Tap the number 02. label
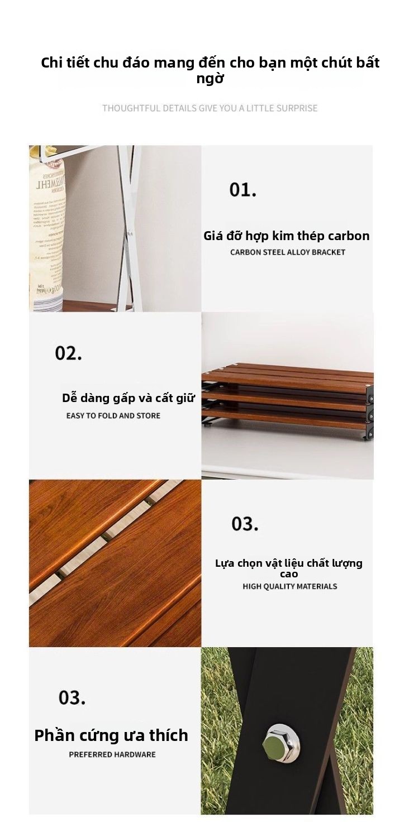tap(68, 353)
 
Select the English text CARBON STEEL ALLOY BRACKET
tap(288, 252)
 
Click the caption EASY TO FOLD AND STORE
tap(113, 415)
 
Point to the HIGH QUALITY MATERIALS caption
tap(290, 586)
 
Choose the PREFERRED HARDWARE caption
tap(112, 754)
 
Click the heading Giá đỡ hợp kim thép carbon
tap(287, 236)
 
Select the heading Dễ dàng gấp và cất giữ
tap(129, 398)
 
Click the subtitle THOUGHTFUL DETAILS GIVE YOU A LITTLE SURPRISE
tap(210, 108)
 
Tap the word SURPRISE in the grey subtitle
tap(297, 108)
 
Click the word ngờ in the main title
tap(210, 79)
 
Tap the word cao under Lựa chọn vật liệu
tap(289, 574)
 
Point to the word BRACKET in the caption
tap(328, 252)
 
